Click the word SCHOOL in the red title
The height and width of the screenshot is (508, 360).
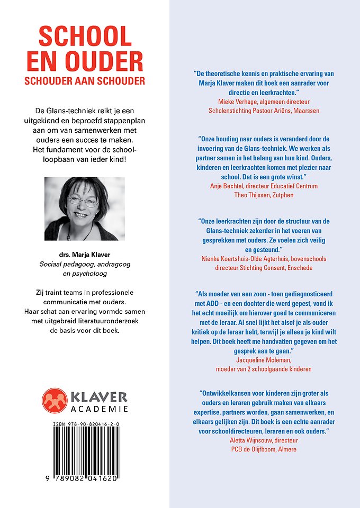85,37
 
